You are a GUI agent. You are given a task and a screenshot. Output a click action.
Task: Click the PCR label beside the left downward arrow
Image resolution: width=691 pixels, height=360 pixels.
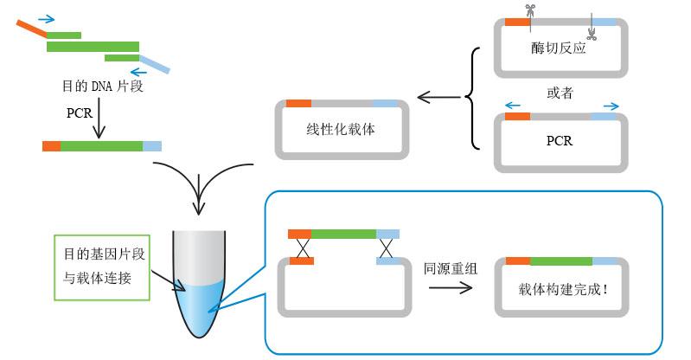(x=80, y=113)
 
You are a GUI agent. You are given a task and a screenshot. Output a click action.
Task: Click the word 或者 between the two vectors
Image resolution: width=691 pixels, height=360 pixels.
(x=560, y=93)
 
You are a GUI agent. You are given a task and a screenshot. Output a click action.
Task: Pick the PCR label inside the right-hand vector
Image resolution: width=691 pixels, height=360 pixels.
(x=560, y=140)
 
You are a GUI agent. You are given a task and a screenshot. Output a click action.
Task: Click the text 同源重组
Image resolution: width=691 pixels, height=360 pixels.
(x=450, y=268)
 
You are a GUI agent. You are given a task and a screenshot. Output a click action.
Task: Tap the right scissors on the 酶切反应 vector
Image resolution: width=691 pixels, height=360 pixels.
(x=592, y=34)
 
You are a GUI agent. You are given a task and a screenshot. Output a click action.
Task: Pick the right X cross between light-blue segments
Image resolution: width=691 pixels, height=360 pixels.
(x=387, y=248)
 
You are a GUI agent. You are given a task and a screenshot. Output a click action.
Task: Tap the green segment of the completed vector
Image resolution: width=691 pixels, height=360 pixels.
(x=561, y=260)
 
